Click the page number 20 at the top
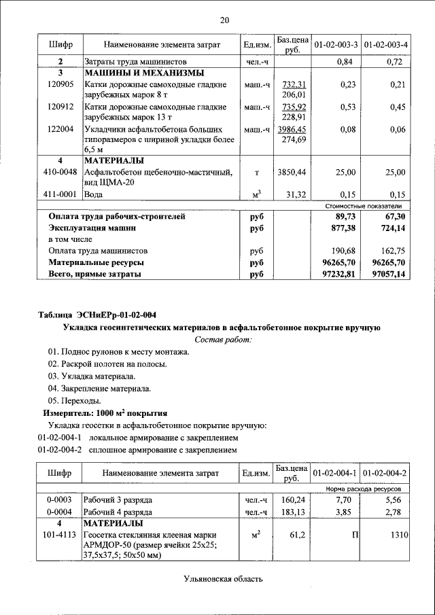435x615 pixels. [x=224, y=20]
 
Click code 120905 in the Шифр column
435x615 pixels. [x=60, y=85]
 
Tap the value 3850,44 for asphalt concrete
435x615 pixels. [x=292, y=173]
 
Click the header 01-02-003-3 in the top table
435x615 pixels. [x=336, y=45]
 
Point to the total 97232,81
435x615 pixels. [x=336, y=274]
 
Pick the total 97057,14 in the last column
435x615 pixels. [x=385, y=274]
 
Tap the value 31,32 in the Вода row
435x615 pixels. [x=298, y=194]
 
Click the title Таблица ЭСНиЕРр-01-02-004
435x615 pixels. [x=97, y=314]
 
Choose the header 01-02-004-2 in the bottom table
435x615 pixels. [x=385, y=473]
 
